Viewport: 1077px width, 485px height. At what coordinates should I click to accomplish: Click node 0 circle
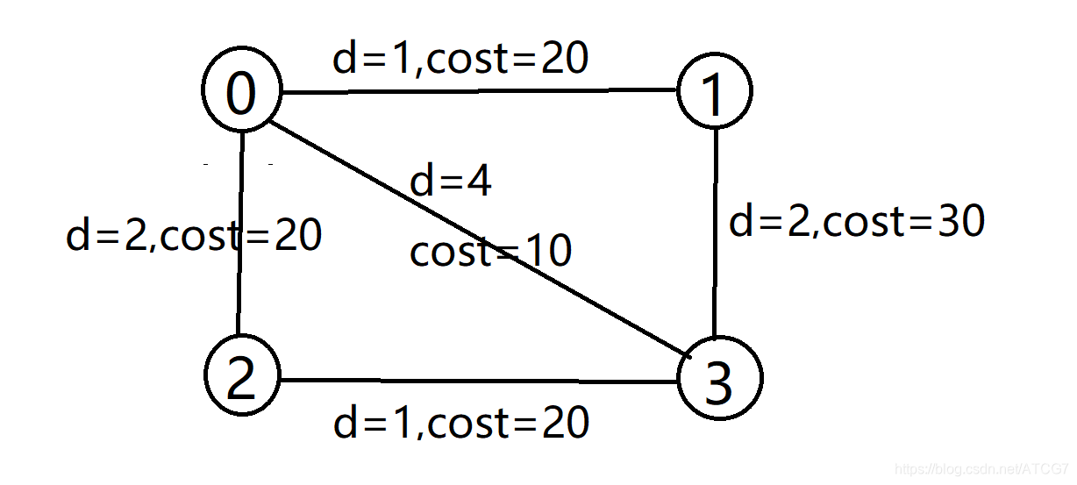(241, 91)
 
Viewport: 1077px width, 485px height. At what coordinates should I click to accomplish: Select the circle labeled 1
(715, 91)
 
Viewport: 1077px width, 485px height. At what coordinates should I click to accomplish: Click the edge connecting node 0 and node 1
(478, 90)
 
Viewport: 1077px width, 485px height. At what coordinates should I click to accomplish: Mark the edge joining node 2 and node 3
(478, 381)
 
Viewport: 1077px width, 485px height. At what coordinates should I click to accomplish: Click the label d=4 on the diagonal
(451, 182)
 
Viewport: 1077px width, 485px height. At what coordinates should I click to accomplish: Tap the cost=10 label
(490, 253)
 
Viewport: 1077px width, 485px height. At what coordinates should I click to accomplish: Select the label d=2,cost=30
(857, 222)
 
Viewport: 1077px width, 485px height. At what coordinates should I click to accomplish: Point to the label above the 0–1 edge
(460, 59)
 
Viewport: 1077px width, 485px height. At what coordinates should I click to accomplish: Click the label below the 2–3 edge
(460, 424)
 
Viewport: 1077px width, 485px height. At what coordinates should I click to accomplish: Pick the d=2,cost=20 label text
(194, 235)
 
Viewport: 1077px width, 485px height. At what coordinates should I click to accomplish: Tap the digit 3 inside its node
(719, 382)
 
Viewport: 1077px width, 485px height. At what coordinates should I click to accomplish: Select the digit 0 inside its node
(240, 93)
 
